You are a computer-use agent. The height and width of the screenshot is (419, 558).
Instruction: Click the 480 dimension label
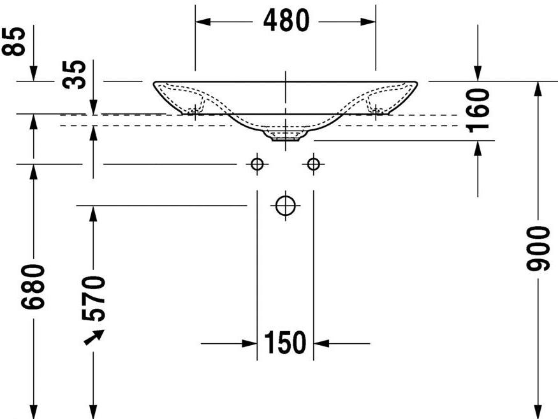(286, 20)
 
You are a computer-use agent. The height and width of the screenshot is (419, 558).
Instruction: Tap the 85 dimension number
(13, 41)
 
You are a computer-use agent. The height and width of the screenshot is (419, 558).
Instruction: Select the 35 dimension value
(74, 75)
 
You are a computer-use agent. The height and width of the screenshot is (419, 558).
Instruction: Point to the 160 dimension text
(478, 111)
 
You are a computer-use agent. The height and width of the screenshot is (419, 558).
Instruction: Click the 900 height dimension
(538, 248)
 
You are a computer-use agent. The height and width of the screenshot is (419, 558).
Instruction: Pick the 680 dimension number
(33, 287)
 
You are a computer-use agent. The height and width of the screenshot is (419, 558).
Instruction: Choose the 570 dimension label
(93, 299)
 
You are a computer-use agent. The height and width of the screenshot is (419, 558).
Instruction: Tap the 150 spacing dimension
(285, 343)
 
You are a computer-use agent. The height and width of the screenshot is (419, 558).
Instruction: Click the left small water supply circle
(257, 164)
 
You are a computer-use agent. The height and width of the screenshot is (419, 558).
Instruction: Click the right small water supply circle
(313, 164)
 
